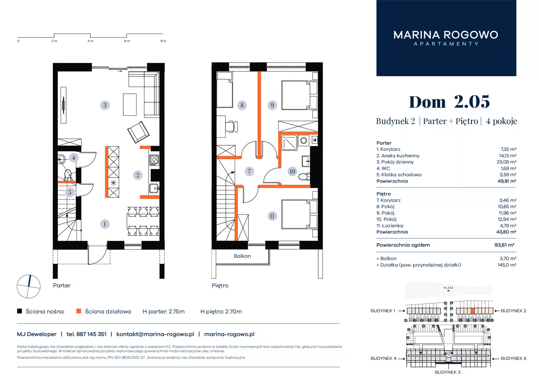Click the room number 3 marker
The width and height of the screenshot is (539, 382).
[x=105, y=105]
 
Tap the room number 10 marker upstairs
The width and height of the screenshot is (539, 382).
[x=292, y=171]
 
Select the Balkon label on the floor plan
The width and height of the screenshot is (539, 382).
[x=242, y=256]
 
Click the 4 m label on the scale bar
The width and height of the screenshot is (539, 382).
[x=90, y=41]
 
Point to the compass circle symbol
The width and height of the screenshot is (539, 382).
[x=29, y=286]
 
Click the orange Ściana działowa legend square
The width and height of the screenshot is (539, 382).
[x=79, y=311]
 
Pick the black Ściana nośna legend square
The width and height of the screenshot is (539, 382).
[x=19, y=311]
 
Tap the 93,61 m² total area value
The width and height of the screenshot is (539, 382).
[x=504, y=245]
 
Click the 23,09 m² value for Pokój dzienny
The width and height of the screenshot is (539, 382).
[x=506, y=162]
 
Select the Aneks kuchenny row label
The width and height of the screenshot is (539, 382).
[x=398, y=156]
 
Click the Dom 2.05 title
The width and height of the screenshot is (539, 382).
[x=449, y=102]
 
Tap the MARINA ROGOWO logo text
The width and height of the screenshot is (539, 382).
[x=446, y=35]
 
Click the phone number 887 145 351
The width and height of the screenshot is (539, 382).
[x=92, y=334]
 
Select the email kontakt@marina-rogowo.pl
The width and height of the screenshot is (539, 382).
[x=155, y=334]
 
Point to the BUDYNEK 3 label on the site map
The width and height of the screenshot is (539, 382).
[x=448, y=372]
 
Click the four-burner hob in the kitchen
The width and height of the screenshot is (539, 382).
[x=154, y=160]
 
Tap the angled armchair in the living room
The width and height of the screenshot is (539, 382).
[x=138, y=132]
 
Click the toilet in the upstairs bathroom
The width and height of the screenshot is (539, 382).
[x=304, y=176]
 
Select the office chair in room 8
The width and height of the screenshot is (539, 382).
[x=232, y=127]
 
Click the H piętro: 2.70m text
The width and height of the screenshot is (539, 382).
[x=221, y=311]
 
